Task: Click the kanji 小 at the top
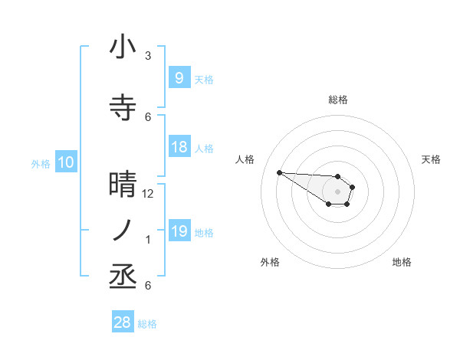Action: (123, 47)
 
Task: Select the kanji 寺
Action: (123, 108)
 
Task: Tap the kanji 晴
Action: (123, 185)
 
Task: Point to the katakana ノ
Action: (123, 231)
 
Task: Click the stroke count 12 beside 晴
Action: (148, 194)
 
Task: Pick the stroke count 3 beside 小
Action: (148, 56)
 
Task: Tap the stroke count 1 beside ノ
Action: (148, 240)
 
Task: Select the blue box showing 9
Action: (179, 78)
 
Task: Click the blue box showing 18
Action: (179, 147)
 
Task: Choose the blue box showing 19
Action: (179, 231)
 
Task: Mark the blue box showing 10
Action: (66, 162)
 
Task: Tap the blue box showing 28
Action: (123, 323)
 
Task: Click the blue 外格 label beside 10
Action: (40, 163)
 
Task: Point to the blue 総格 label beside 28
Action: (147, 324)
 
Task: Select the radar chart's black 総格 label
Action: (338, 100)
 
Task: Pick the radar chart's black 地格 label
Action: (402, 262)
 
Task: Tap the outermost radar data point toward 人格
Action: (279, 172)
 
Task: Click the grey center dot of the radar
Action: (337, 191)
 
